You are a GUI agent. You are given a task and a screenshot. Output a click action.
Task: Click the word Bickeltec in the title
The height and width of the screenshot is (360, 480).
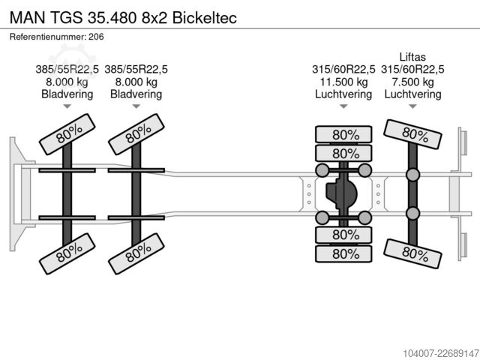point(205,17)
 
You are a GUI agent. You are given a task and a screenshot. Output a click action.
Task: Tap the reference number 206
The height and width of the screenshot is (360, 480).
point(96,37)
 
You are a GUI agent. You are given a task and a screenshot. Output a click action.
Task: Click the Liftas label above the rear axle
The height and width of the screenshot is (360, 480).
point(412,57)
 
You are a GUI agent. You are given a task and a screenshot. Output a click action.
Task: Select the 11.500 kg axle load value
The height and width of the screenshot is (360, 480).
point(343,82)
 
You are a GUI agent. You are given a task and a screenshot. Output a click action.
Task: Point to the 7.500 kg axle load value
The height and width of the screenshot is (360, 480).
point(412,82)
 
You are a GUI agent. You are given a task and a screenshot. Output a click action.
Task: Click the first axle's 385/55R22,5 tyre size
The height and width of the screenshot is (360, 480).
point(67,70)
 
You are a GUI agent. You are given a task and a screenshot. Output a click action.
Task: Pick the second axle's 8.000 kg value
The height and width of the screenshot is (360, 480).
point(136,82)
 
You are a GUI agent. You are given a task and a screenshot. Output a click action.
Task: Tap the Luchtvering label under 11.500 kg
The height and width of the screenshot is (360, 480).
point(343,94)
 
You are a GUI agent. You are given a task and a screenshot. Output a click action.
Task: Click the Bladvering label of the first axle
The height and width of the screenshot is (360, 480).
point(67,94)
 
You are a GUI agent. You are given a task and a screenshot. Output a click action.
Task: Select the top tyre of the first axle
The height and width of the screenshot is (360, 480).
point(67,134)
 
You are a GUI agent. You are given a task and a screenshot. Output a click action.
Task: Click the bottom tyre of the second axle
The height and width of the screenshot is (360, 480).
point(136,253)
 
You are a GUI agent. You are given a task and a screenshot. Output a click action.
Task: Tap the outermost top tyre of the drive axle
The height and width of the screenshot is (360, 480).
point(343,134)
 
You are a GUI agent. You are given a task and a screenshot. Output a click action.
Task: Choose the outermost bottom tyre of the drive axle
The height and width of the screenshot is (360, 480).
point(343,253)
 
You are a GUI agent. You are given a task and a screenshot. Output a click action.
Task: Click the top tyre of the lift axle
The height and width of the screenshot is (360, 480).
point(412,134)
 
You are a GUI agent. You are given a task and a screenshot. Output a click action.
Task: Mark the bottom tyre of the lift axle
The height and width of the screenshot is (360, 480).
point(412,253)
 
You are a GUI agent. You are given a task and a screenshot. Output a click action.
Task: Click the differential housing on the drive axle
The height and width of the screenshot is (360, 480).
point(341,193)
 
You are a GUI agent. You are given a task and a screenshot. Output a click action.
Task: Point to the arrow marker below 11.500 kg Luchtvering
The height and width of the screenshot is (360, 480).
point(343,106)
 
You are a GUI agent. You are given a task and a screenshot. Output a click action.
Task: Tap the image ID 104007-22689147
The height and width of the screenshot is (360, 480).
point(441,353)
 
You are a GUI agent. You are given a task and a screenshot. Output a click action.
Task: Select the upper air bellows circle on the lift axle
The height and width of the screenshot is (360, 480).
point(412,175)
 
